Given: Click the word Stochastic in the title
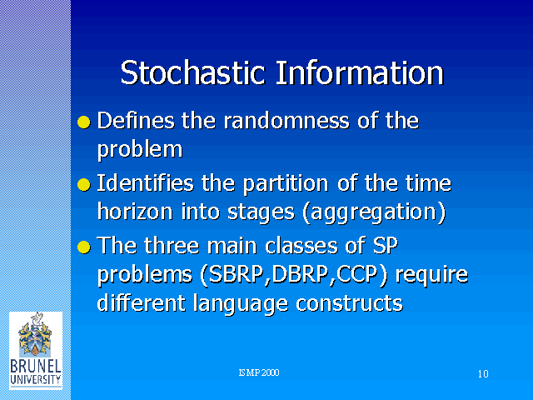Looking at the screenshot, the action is click(x=192, y=72).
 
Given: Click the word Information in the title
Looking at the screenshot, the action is click(x=360, y=72).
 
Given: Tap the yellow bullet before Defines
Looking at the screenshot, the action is click(x=84, y=122).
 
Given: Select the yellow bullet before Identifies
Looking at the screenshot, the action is click(x=84, y=185).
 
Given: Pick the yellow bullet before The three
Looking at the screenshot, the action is click(x=84, y=247).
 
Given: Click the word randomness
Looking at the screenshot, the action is click(x=286, y=121).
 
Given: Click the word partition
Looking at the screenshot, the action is click(x=286, y=184).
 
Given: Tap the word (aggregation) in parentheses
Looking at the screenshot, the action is click(x=374, y=213).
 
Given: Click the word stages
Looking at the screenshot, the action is click(x=261, y=213).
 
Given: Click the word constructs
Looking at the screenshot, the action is click(x=349, y=303).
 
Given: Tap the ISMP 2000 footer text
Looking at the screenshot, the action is click(x=259, y=372).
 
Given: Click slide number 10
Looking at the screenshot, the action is click(x=483, y=374).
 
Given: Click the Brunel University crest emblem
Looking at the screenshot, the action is click(x=35, y=335).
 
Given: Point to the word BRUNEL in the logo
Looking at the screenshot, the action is click(x=35, y=367).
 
